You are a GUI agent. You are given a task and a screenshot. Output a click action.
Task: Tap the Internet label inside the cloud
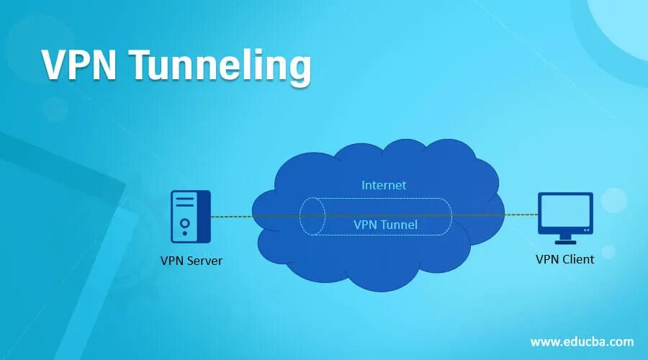pos(383,185)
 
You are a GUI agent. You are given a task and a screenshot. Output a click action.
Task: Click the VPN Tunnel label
pos(385,225)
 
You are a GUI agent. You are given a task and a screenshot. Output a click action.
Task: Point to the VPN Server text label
pos(191,260)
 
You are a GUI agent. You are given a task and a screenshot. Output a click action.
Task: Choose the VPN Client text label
pos(564,259)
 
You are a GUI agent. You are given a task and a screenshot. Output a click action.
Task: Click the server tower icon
pos(191,216)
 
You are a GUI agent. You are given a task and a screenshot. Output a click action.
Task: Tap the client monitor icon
pos(565,217)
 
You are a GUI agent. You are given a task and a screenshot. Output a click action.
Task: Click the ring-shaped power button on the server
pos(185,222)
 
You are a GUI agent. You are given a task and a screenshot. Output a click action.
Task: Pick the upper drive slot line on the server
pos(185,202)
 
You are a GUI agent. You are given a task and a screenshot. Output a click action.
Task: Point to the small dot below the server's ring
pos(185,234)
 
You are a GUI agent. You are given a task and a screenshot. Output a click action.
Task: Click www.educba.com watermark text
pos(582,341)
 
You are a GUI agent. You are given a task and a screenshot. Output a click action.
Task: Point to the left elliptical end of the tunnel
pos(311,216)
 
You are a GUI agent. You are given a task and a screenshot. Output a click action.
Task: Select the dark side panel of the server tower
pos(204,216)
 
